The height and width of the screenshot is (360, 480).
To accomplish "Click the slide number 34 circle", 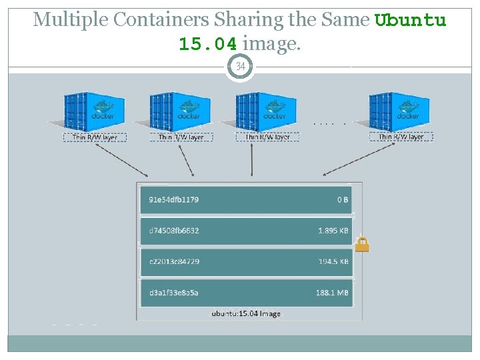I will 240,67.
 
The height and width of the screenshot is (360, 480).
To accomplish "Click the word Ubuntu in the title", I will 411,20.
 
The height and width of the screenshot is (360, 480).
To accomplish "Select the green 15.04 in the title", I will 207,45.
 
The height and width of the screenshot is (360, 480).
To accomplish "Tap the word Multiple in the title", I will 69,20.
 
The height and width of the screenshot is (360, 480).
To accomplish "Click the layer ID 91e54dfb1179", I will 173,199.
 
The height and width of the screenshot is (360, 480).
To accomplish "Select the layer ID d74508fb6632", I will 173,231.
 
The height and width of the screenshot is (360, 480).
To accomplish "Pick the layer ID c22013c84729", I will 173,261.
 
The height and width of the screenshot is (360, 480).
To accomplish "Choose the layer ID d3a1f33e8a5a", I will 173,293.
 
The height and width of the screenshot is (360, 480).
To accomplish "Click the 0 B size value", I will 343,199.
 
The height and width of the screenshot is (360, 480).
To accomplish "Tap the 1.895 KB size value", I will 333,231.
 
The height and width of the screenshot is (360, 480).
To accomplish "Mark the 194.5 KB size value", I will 333,261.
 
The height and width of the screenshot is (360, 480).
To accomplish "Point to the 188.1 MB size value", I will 333,293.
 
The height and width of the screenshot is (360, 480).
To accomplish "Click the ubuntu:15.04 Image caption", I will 246,313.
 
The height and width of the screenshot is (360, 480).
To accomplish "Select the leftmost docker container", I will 95,112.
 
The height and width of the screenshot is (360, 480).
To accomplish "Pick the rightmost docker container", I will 401,112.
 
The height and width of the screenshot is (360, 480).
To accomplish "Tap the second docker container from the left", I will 180,112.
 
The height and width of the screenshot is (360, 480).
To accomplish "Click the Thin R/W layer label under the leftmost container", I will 95,137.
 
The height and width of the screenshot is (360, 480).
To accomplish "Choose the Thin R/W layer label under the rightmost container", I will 401,137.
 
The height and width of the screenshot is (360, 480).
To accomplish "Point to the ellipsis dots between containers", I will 329,123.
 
